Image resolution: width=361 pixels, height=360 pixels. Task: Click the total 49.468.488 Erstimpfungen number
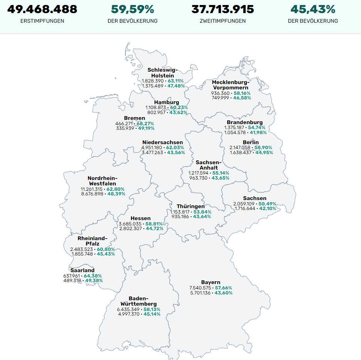tap(42, 9)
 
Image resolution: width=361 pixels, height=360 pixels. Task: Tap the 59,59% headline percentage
tap(132, 9)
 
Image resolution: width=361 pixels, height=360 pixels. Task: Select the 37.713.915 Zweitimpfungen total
tap(223, 9)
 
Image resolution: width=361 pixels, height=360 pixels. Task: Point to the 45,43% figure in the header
tap(313, 9)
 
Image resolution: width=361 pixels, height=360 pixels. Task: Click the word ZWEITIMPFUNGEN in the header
tap(223, 21)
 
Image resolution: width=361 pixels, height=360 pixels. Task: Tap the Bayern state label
tap(211, 283)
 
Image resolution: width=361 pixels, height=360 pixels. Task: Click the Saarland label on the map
tap(82, 270)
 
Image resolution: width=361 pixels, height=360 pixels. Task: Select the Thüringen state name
tap(191, 206)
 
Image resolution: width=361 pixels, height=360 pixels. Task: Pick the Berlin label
tap(251, 142)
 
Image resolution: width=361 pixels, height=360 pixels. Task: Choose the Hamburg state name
tap(167, 102)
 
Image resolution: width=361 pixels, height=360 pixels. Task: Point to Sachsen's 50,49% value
tap(267, 204)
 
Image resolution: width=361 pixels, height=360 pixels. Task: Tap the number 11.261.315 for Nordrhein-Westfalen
tap(91, 189)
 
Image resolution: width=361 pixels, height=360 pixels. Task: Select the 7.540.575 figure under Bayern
tap(200, 288)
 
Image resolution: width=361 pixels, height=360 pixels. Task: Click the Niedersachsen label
tap(162, 142)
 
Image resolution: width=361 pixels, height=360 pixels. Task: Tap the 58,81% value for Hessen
tap(154, 224)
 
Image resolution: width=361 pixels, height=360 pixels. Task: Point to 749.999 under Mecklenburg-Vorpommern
tap(220, 98)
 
